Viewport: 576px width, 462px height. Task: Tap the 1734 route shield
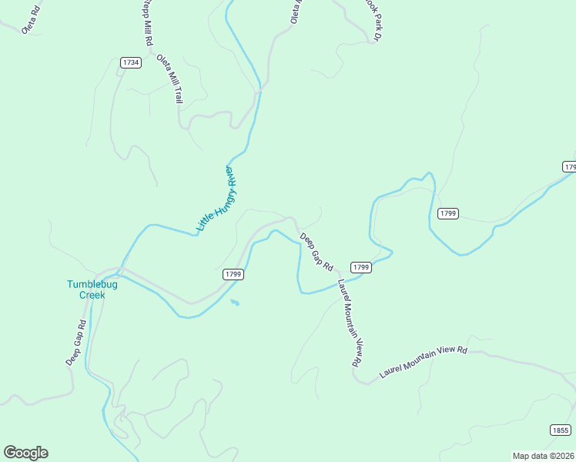click(x=130, y=62)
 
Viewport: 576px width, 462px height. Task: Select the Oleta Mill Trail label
click(x=170, y=79)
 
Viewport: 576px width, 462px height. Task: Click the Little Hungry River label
click(x=215, y=198)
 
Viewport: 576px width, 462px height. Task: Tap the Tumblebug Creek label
click(x=85, y=289)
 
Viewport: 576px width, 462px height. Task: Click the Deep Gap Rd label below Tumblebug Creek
click(x=75, y=342)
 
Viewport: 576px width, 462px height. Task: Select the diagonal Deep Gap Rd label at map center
click(x=316, y=251)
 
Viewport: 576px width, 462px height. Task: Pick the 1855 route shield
click(x=561, y=430)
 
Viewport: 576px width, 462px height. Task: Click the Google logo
click(x=25, y=453)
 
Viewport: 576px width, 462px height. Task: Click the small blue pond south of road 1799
click(x=235, y=303)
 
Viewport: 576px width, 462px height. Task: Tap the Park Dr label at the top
click(x=373, y=21)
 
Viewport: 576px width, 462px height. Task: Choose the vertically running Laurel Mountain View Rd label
click(x=349, y=323)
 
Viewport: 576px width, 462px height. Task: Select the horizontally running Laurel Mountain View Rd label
click(x=424, y=361)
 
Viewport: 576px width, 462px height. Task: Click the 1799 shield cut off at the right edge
click(x=569, y=166)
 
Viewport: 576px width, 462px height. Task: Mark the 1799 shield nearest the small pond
click(x=234, y=274)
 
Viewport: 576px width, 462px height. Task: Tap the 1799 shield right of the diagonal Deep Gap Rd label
click(x=361, y=267)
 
